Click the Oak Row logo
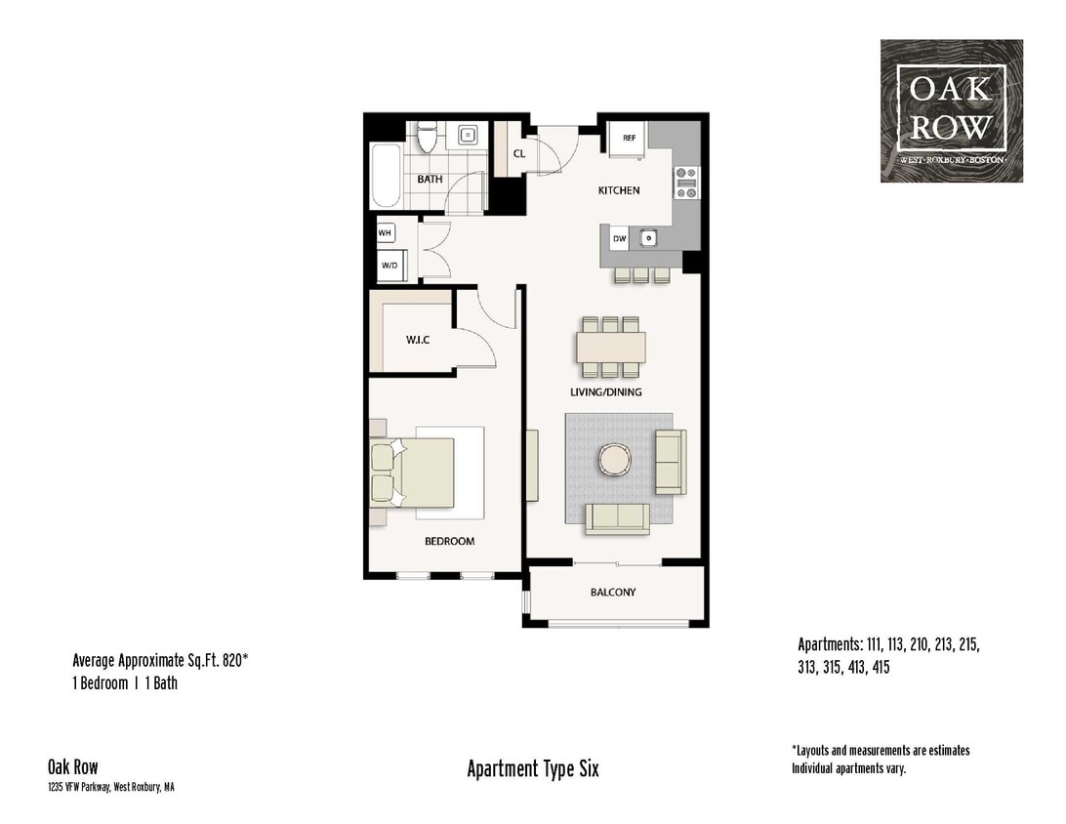coord(951,110)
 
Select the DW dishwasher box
coord(619,238)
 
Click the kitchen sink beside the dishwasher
coord(646,237)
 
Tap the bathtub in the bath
coord(386,176)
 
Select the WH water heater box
coord(386,233)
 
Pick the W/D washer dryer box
coord(389,265)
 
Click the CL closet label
coord(519,153)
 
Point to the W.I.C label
coord(418,340)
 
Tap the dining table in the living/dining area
coord(610,347)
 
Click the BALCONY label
coord(613,593)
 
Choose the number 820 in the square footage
coord(231,661)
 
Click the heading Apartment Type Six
coord(533,769)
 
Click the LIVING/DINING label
coord(606,392)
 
